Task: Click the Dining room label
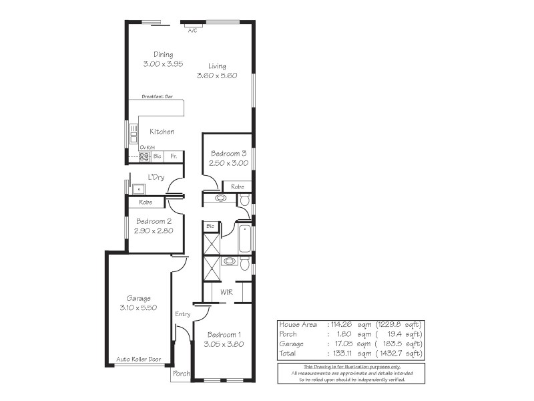click(x=164, y=55)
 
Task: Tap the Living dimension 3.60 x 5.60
click(x=217, y=76)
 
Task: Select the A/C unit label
click(x=192, y=31)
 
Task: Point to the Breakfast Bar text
click(x=157, y=97)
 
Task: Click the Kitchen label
click(x=162, y=132)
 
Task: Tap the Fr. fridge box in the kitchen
click(x=174, y=156)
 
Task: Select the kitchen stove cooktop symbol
click(x=144, y=156)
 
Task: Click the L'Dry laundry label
click(x=156, y=177)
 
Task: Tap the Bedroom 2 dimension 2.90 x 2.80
click(x=154, y=231)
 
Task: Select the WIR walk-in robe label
click(x=226, y=292)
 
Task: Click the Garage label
click(x=139, y=298)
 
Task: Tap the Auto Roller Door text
click(x=139, y=359)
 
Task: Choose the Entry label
click(x=182, y=314)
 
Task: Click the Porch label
click(x=182, y=374)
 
